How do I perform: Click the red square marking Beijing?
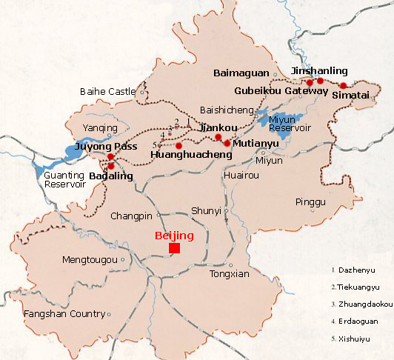[x=174, y=247]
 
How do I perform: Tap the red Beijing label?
[x=174, y=236]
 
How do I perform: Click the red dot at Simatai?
[x=343, y=86]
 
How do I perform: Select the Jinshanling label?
[x=318, y=71]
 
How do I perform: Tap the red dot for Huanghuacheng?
[x=178, y=145]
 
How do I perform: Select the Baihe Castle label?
[x=107, y=92]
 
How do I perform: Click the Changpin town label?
[x=131, y=216]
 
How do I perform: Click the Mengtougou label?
[x=90, y=260]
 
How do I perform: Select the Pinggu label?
[x=310, y=201]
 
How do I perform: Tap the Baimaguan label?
[x=241, y=73]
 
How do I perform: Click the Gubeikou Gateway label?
[x=281, y=90]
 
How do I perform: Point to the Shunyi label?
[x=207, y=211]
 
